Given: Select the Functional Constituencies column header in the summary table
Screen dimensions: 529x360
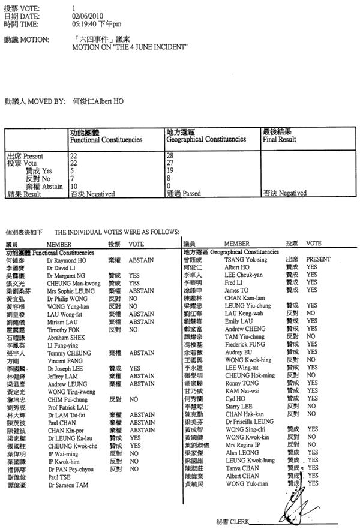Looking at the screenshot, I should point(106,139).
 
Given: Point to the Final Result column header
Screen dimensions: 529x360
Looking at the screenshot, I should point(279,139).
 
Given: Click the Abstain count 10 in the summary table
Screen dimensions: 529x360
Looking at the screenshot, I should point(74,186).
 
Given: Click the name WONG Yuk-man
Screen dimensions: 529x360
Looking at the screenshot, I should point(247,483).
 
